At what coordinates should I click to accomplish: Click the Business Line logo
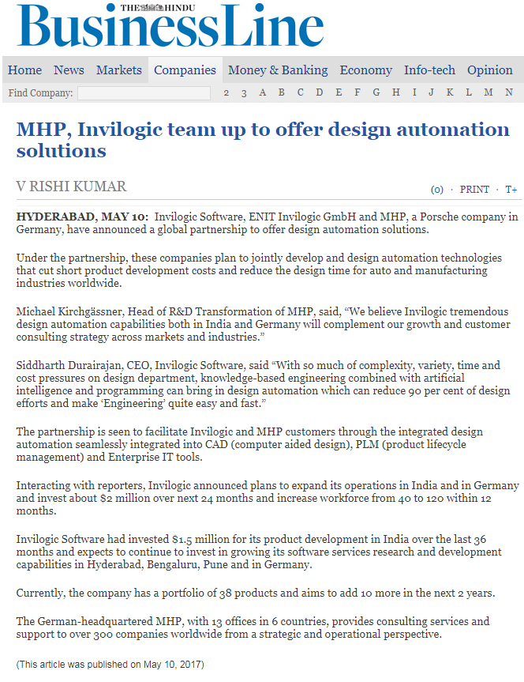[x=170, y=27]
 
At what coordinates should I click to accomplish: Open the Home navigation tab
[x=24, y=70]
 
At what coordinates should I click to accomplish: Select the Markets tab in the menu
[x=119, y=70]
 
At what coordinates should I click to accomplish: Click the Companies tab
[x=185, y=70]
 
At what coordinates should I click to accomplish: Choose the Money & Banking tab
[x=278, y=70]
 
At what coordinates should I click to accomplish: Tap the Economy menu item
[x=365, y=70]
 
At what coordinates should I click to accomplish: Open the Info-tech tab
[x=429, y=70]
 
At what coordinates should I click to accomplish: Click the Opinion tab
[x=489, y=70]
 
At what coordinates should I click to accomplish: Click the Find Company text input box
[x=144, y=93]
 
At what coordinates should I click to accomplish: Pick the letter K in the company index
[x=450, y=93]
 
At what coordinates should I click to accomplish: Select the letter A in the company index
[x=262, y=93]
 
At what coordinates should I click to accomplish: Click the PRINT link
[x=474, y=190]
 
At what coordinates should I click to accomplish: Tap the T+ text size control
[x=511, y=190]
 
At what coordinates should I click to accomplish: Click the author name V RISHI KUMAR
[x=71, y=187]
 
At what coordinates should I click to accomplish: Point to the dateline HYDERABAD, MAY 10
[x=81, y=217]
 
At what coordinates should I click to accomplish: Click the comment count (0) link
[x=436, y=190]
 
